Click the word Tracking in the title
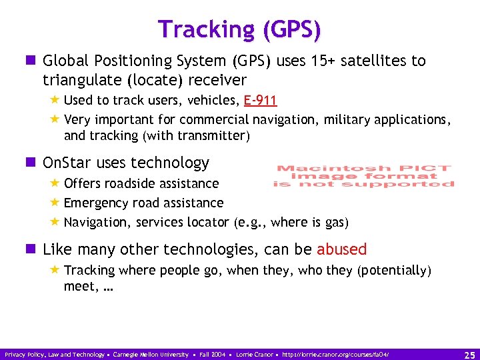[207, 29]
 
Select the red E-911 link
[260, 101]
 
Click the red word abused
[341, 249]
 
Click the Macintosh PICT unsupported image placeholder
[363, 176]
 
